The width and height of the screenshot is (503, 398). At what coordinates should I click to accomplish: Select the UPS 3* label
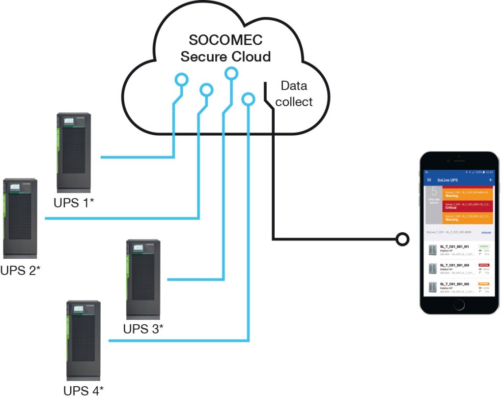(143, 328)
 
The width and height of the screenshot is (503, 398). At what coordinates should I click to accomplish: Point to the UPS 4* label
(84, 391)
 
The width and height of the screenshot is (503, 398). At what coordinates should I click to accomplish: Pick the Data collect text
(294, 93)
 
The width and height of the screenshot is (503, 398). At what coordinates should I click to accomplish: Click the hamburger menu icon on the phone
(429, 181)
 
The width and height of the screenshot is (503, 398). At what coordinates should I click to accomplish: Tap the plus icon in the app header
(490, 181)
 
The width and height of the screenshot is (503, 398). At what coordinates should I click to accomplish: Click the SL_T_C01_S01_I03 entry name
(454, 265)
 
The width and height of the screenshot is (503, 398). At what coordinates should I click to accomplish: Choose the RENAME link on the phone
(486, 232)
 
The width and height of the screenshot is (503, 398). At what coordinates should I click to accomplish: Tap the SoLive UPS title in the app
(447, 181)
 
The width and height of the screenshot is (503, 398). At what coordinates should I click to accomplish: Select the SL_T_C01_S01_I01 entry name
(454, 246)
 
